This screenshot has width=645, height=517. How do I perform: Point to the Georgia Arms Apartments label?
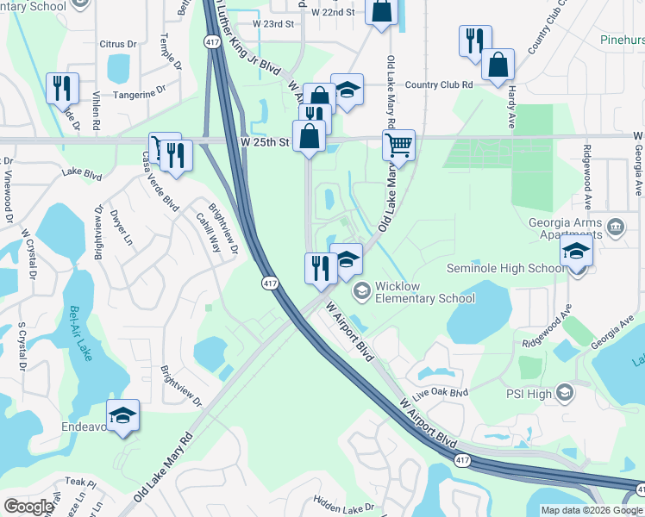pyautogui.click(x=563, y=226)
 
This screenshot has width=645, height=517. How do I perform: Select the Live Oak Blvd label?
pyautogui.click(x=440, y=393)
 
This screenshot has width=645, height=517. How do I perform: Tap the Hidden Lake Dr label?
pyautogui.click(x=344, y=507)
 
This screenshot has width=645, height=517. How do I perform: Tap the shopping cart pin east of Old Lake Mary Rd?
pyautogui.click(x=398, y=145)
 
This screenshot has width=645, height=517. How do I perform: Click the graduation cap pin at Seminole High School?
pyautogui.click(x=575, y=253)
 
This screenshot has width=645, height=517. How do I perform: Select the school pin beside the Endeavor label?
pyautogui.click(x=122, y=416)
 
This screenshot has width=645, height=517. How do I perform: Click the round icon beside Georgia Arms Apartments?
pyautogui.click(x=616, y=227)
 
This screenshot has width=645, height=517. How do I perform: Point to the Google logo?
pyautogui.click(x=28, y=507)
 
